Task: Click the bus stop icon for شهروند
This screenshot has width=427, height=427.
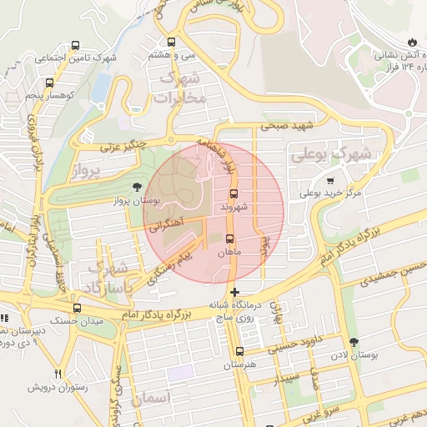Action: [233, 193]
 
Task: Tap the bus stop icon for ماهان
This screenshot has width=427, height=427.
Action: [230, 239]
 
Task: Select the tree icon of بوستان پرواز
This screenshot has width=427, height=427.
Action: [137, 188]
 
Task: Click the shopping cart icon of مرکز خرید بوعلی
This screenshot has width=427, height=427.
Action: [330, 181]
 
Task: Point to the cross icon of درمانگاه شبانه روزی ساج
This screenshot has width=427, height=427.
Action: [235, 293]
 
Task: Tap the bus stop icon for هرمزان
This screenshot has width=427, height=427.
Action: [240, 352]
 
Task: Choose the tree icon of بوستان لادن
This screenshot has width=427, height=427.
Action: [354, 342]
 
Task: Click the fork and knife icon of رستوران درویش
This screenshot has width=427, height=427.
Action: [58, 374]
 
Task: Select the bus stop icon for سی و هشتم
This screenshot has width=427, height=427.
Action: [172, 42]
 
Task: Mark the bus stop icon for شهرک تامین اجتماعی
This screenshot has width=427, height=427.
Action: [76, 46]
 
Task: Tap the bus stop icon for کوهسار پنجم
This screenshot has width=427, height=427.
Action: [49, 83]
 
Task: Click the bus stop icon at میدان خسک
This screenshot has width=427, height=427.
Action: [76, 307]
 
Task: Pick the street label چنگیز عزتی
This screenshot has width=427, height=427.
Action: [123, 146]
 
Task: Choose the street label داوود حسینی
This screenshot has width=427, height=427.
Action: [298, 339]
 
